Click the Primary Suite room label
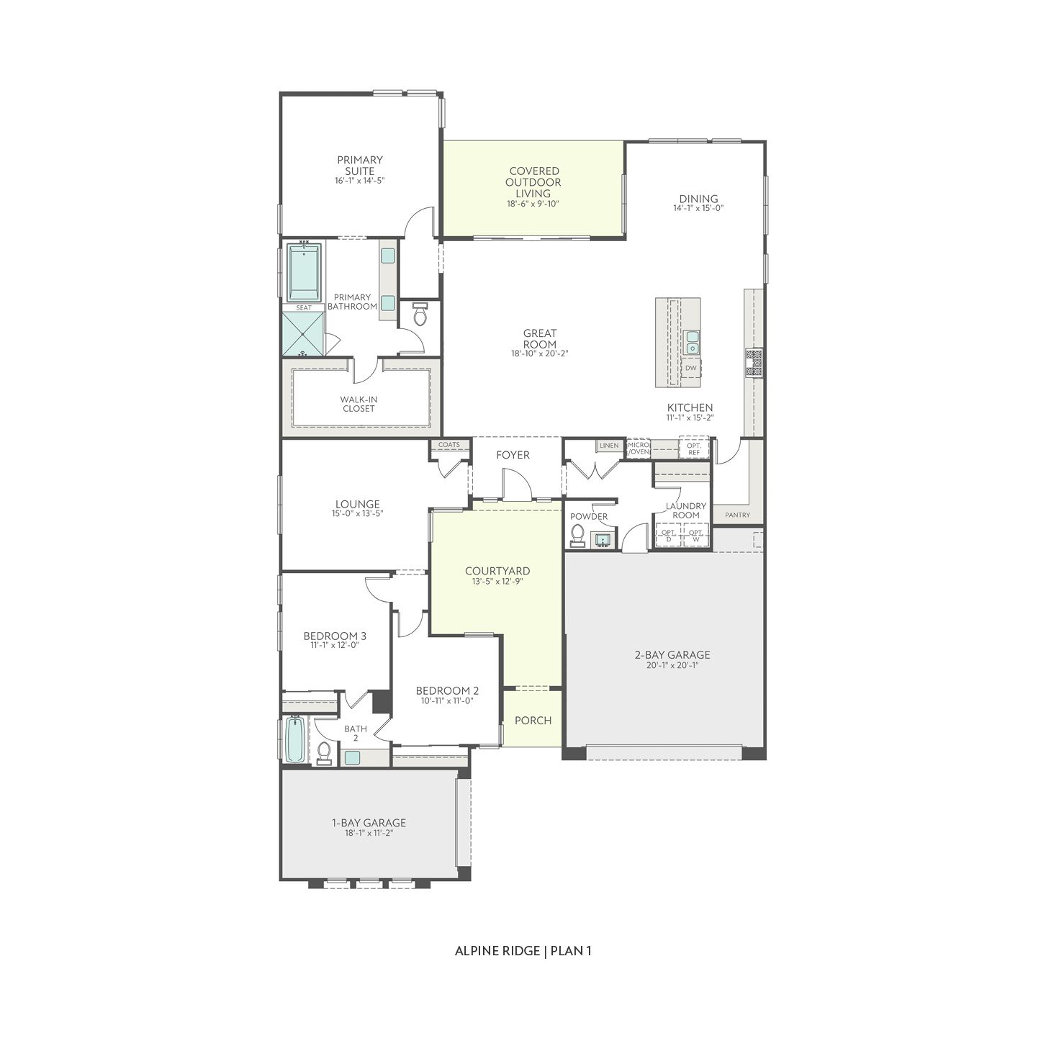[359, 166]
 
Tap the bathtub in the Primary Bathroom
[304, 273]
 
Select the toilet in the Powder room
[577, 534]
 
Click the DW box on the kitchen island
[691, 368]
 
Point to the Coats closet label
[448, 445]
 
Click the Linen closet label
[609, 446]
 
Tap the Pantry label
[737, 515]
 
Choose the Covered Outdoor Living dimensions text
[533, 204]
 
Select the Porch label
[533, 720]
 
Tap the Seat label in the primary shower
[304, 307]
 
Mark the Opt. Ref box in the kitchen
[694, 448]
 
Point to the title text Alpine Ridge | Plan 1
[523, 950]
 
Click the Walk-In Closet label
[359, 404]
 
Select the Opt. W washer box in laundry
[695, 535]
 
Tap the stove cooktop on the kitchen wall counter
[754, 362]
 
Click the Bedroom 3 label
[335, 636]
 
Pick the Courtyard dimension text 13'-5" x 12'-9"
[497, 581]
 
